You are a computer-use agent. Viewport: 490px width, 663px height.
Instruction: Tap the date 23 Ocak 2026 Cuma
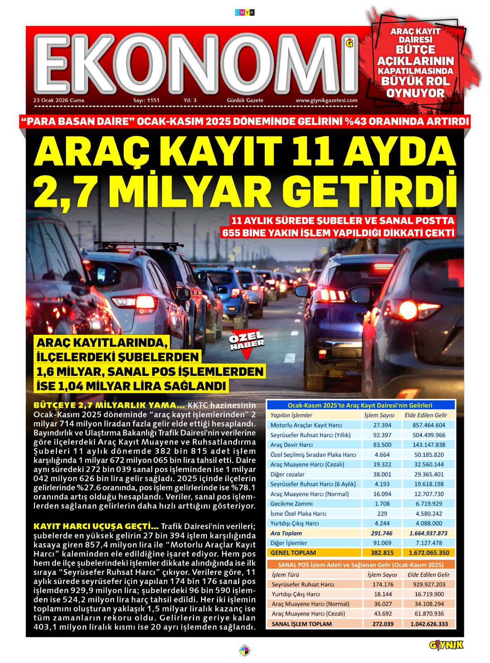point(59,100)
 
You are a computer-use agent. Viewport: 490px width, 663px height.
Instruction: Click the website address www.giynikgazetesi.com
point(326,100)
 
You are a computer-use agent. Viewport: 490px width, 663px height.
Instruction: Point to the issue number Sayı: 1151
point(146,100)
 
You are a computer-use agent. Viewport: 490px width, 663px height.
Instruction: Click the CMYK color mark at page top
point(245,13)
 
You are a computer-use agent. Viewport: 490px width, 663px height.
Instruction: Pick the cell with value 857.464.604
point(429,425)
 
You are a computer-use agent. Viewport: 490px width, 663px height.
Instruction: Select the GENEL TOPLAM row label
point(293,553)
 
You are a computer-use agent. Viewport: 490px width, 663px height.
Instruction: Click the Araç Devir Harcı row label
point(291,445)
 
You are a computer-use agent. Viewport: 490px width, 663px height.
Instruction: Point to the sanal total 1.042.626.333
point(429,624)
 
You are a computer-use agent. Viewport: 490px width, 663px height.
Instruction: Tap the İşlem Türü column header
point(285,575)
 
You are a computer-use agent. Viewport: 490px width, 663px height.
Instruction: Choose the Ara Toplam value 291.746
point(382,533)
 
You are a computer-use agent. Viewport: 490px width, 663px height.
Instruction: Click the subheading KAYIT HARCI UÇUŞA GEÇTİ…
point(96,526)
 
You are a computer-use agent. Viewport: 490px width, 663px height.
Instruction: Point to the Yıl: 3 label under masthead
point(190,100)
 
